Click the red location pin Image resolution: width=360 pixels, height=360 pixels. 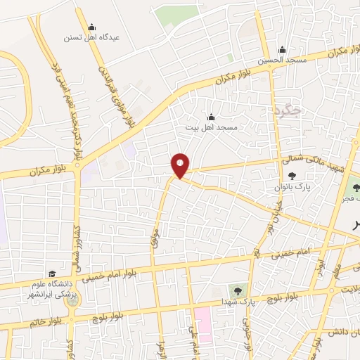[x=181, y=165]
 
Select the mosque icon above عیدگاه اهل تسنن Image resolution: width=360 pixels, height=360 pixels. [x=91, y=27]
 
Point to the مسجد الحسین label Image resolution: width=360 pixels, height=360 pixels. [x=282, y=60]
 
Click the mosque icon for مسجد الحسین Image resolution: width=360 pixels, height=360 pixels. [x=282, y=50]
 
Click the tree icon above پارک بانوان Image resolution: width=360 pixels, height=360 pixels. [x=292, y=176]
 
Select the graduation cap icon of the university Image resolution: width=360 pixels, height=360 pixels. [x=51, y=274]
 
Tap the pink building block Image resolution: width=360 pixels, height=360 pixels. [x=203, y=324]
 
